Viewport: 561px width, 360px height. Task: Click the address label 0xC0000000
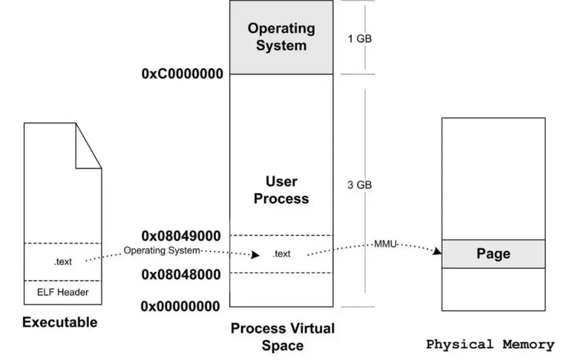(182, 74)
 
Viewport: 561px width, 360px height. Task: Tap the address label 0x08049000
(181, 235)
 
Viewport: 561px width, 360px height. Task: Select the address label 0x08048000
(181, 274)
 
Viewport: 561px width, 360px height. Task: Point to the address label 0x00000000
(181, 306)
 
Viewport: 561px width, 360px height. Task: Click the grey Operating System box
(281, 37)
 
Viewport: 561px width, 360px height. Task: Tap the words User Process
(281, 190)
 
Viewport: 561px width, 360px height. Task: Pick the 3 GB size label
(360, 185)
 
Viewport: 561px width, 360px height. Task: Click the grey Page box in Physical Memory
(493, 253)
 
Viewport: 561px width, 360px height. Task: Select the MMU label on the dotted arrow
(385, 244)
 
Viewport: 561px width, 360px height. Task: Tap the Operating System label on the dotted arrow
(162, 250)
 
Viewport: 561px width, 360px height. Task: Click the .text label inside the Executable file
(63, 262)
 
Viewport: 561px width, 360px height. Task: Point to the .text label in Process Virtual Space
(281, 254)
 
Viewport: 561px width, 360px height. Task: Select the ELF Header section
(63, 292)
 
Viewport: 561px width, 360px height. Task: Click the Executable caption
(59, 322)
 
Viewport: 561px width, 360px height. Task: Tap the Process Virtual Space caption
(282, 336)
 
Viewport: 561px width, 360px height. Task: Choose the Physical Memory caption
(490, 344)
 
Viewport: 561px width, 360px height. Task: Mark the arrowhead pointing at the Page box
(436, 252)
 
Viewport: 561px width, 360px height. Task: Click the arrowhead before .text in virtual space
(255, 255)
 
